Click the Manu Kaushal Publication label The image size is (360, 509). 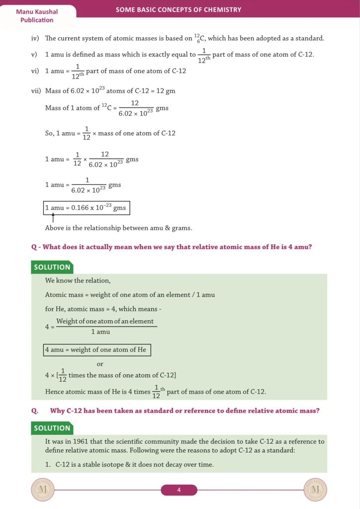tap(37, 15)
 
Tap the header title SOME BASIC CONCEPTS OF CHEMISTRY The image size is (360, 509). tap(179, 9)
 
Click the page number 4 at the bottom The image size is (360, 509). tap(179, 490)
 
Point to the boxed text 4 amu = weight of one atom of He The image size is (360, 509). tap(96, 349)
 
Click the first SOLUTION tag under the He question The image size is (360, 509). tap(52, 267)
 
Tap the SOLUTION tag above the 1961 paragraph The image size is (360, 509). tap(52, 428)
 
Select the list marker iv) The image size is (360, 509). tap(35, 38)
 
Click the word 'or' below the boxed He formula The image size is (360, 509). tap(100, 364)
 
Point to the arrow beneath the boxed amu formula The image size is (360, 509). tap(53, 218)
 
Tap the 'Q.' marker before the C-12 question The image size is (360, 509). tap(35, 411)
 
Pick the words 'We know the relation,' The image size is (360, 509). tap(78, 281)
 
